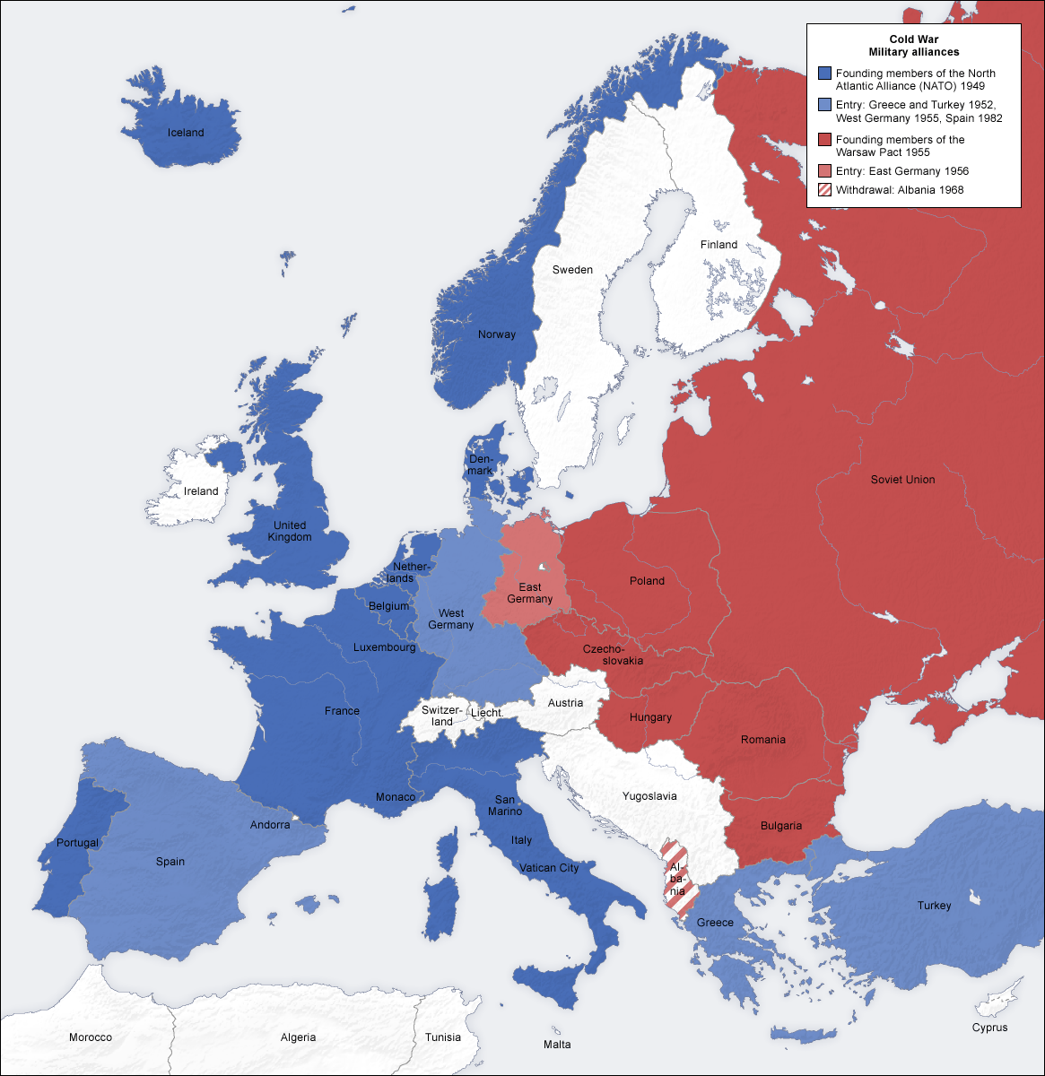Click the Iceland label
pos(186,133)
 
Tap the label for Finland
pos(718,245)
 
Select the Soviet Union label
pos(902,480)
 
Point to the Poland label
pos(647,581)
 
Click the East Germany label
pos(529,593)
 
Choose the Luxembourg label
pos(384,647)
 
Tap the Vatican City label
pos(549,868)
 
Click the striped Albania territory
pos(676,879)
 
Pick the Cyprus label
pos(989,1028)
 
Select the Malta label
pos(556,1045)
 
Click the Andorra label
pos(270,825)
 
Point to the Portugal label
pos(78,843)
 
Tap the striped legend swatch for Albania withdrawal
pos(824,190)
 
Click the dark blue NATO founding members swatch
pos(824,74)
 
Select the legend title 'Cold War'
pos(913,39)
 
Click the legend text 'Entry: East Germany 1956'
pos(901,171)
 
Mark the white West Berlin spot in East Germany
pos(543,568)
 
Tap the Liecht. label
pos(486,713)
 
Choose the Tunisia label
pos(443,1037)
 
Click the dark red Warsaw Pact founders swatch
pos(824,140)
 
